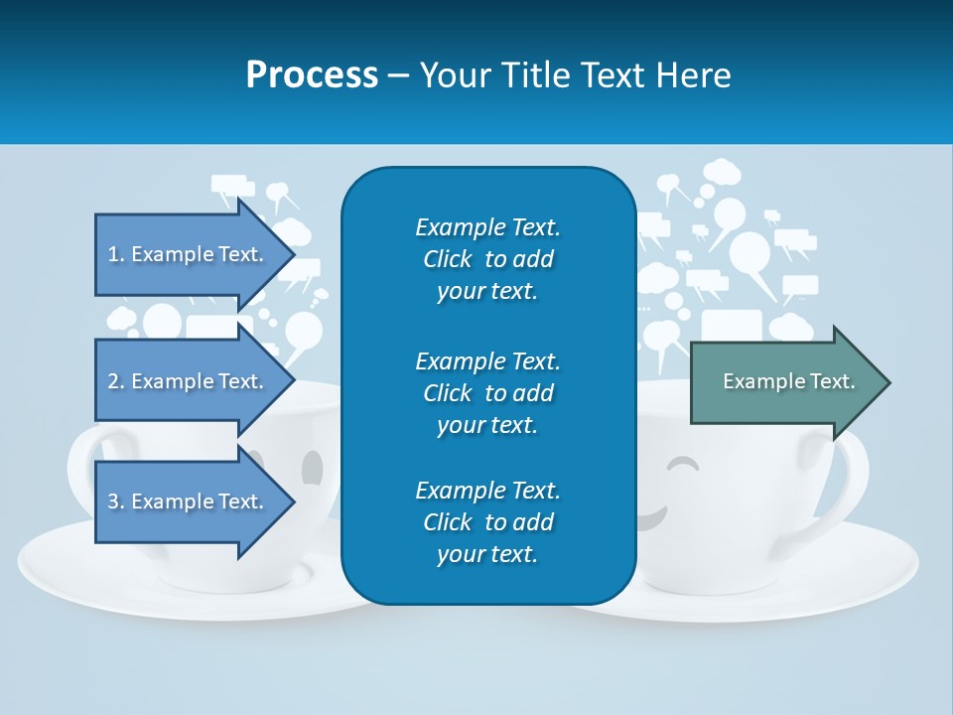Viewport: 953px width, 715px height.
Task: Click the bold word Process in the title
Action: pyautogui.click(x=312, y=75)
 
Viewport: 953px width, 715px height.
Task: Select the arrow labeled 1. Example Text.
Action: pyautogui.click(x=186, y=254)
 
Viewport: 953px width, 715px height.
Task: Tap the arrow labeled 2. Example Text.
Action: pyautogui.click(x=186, y=381)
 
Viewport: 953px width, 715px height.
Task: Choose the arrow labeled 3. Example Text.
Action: pyautogui.click(x=186, y=501)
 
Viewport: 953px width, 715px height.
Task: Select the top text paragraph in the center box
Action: pyautogui.click(x=487, y=259)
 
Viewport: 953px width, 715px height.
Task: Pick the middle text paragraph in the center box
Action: pyautogui.click(x=487, y=392)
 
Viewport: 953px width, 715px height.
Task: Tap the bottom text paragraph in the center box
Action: pyautogui.click(x=487, y=522)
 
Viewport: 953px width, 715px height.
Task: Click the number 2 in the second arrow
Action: pyautogui.click(x=113, y=381)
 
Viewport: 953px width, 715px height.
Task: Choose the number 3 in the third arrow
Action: pyautogui.click(x=113, y=501)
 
